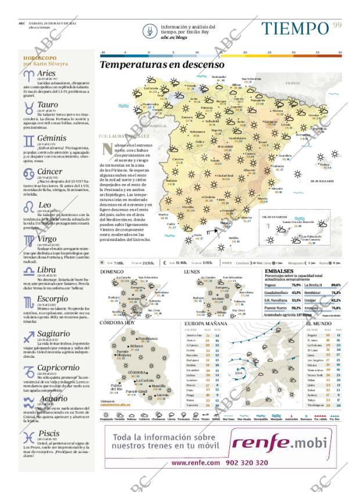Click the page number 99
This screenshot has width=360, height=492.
click(337, 24)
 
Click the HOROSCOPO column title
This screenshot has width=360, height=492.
click(40, 59)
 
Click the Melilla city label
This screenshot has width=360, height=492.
click(233, 236)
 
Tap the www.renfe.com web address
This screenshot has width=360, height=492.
click(196, 462)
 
